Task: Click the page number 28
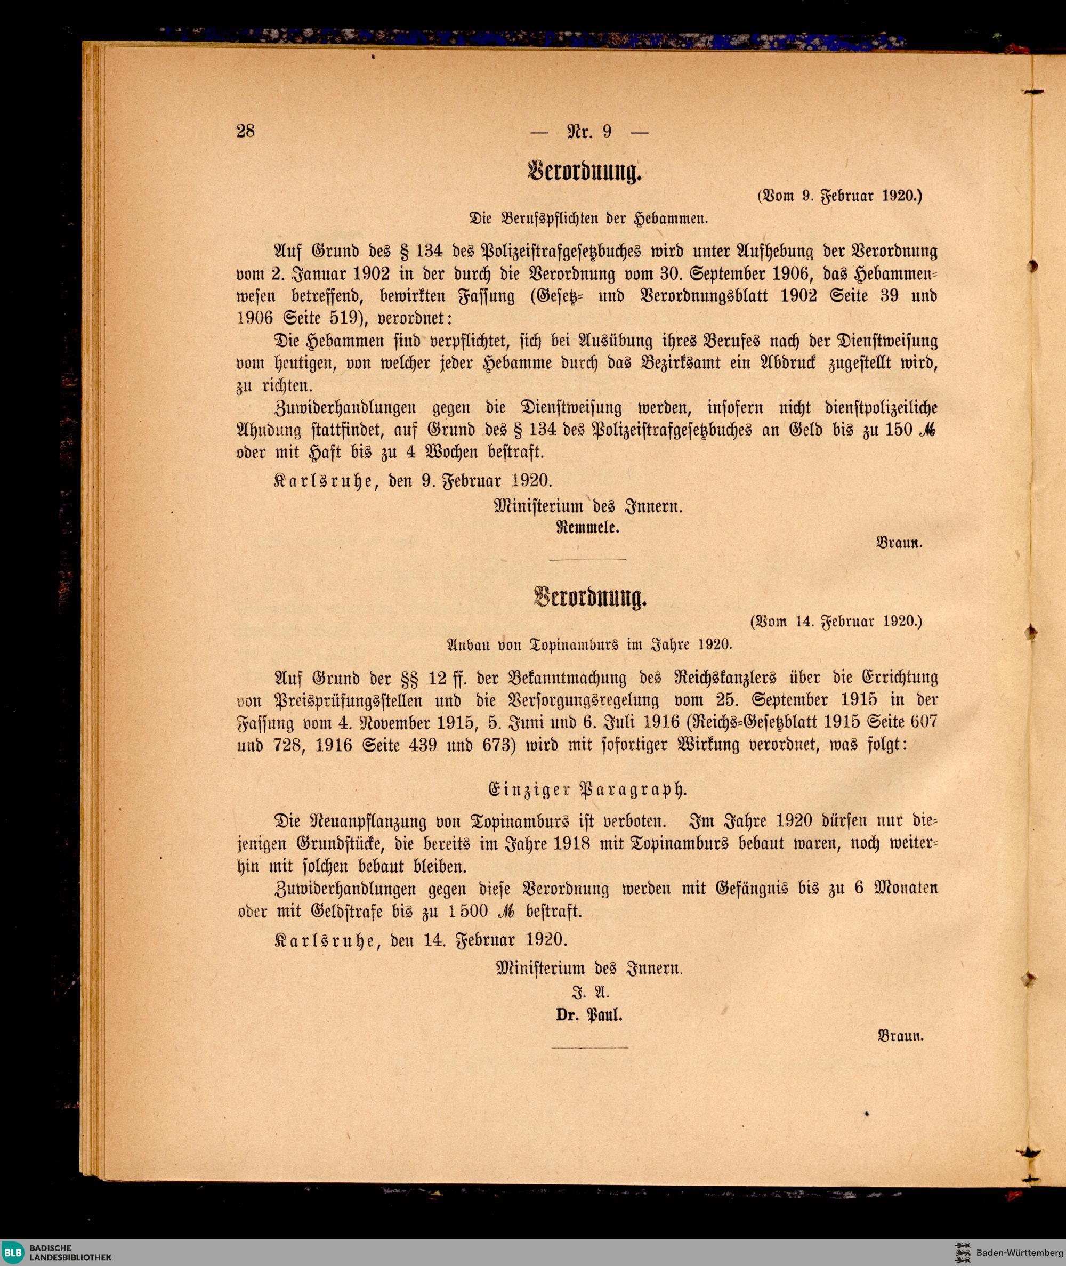pos(245,131)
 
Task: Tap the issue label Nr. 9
pos(589,131)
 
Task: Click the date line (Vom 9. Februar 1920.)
pos(839,195)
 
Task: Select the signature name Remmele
pos(588,526)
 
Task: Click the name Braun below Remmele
pos(899,543)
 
